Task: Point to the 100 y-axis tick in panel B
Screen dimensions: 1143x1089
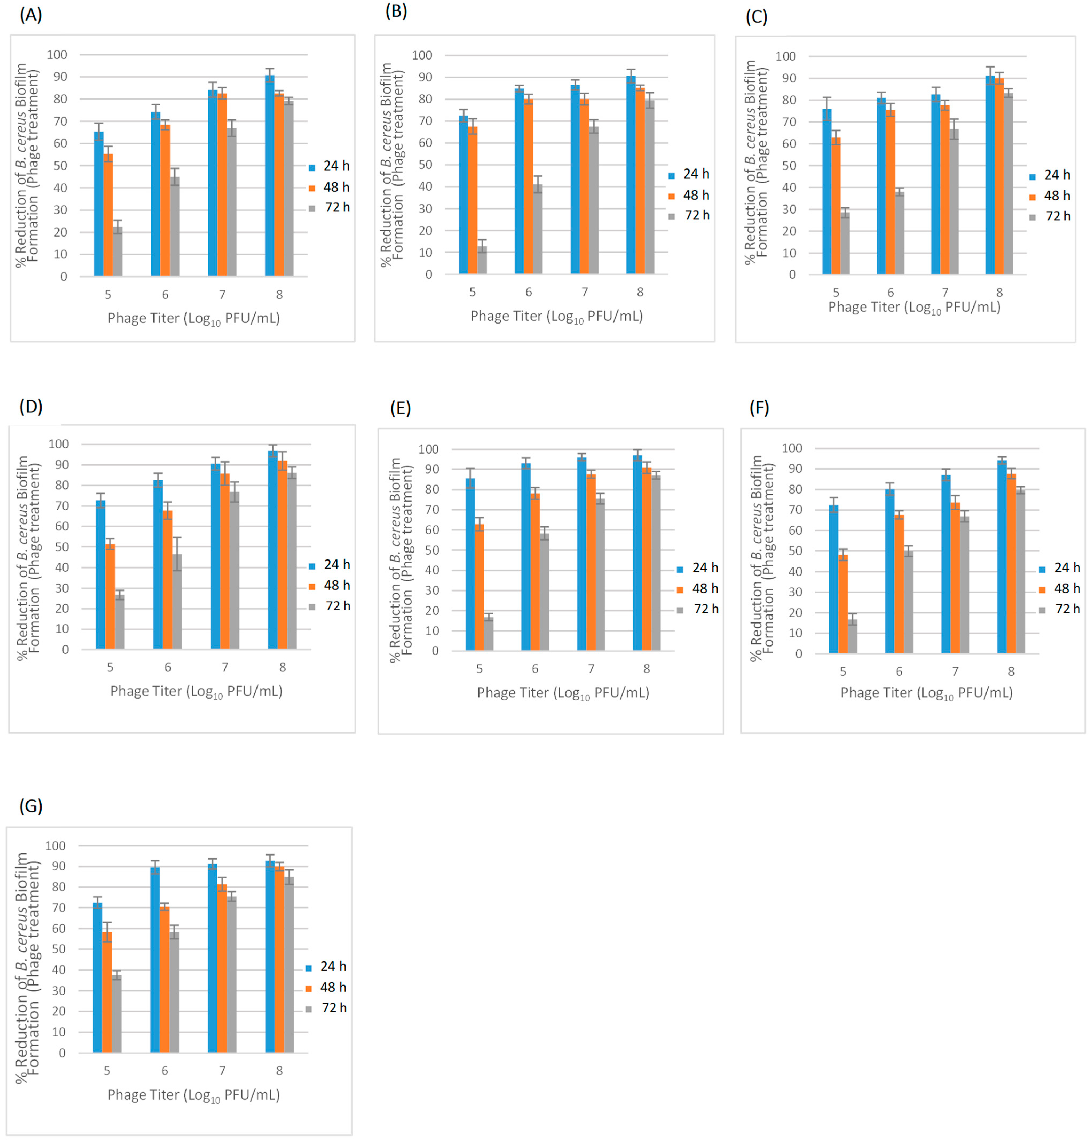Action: point(422,55)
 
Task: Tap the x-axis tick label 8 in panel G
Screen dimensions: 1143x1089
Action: point(279,1070)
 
